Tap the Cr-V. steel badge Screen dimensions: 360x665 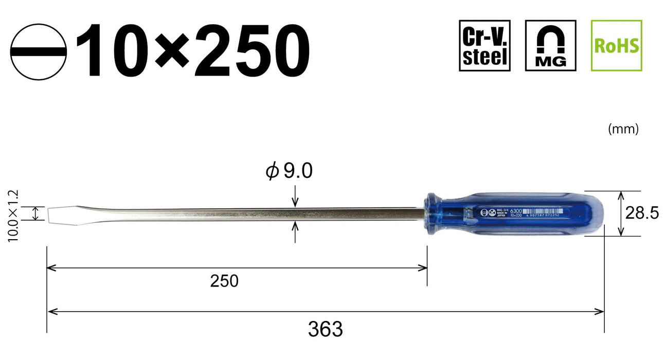(x=484, y=46)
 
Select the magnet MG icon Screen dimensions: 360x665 (x=551, y=46)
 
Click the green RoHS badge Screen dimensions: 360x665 (x=616, y=46)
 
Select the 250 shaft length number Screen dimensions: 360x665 (x=224, y=281)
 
